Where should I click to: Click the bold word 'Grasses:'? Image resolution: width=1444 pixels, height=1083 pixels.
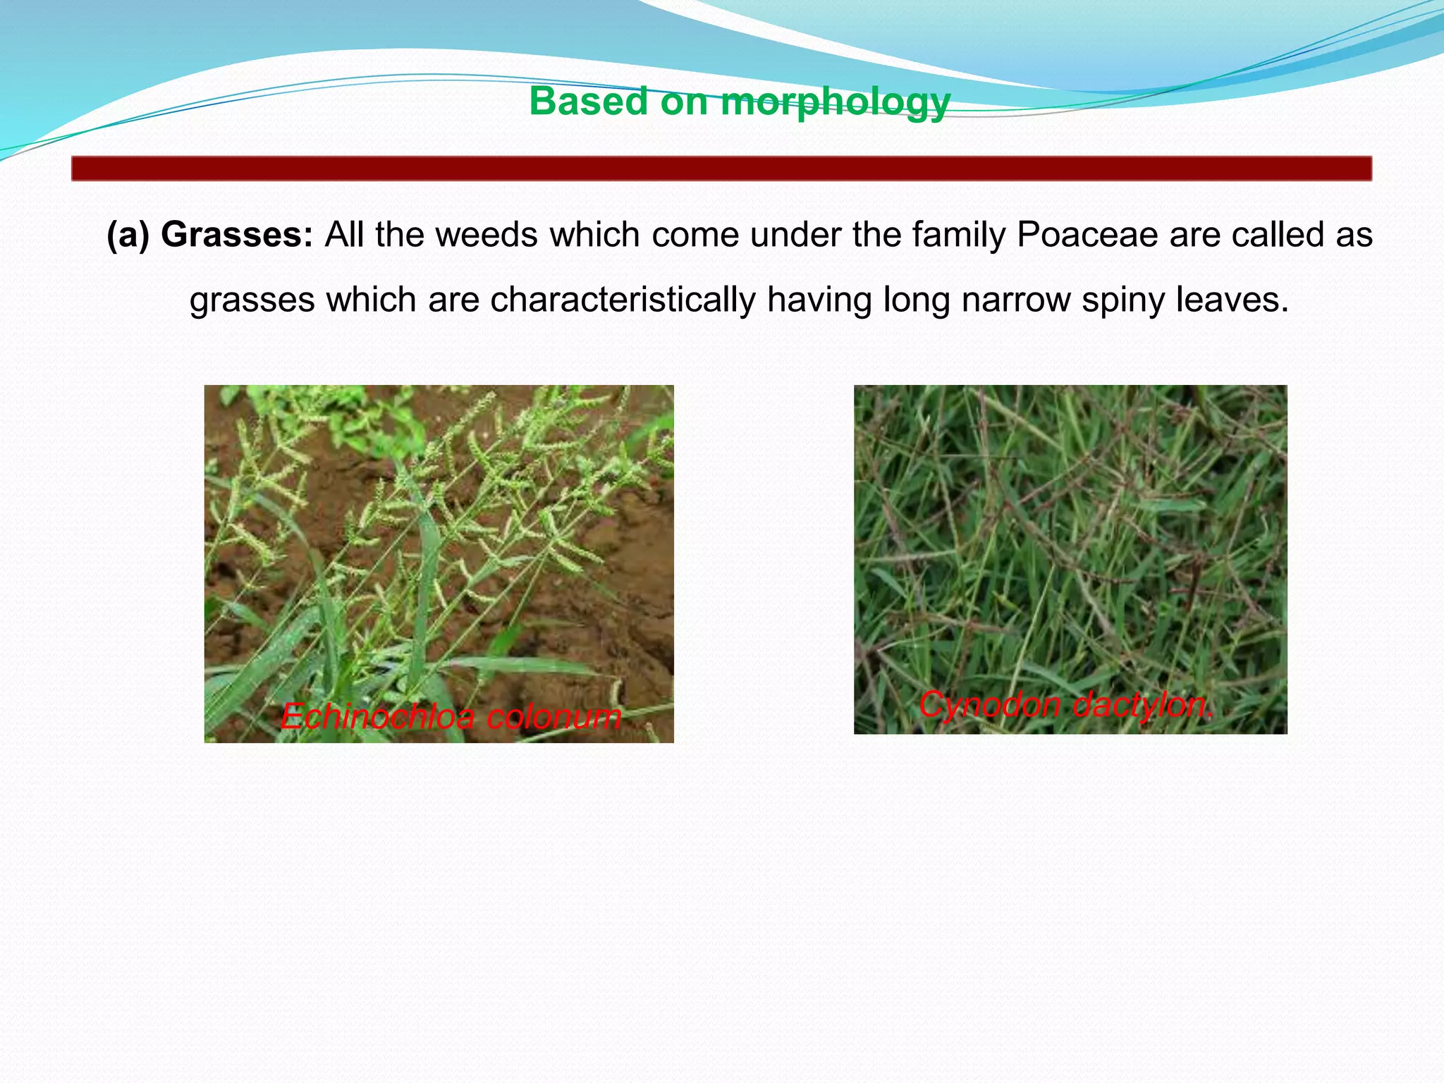(237, 235)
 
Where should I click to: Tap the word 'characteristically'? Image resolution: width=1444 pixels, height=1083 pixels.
(623, 300)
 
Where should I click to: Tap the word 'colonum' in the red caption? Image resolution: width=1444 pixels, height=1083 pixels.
(553, 717)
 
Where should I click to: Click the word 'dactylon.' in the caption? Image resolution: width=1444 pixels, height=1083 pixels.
(1142, 704)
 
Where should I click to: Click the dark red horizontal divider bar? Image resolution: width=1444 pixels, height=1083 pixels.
(721, 169)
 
